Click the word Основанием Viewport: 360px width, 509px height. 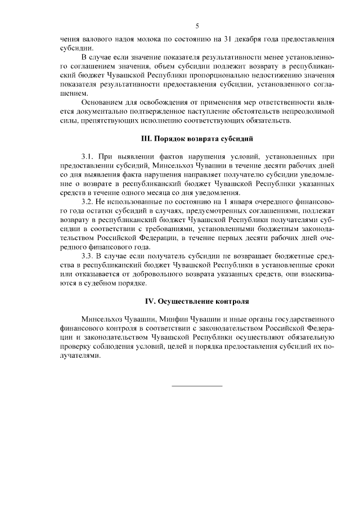[x=104, y=102]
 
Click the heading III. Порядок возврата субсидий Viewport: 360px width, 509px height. [x=197, y=138]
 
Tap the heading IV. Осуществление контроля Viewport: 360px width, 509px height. [x=197, y=300]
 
